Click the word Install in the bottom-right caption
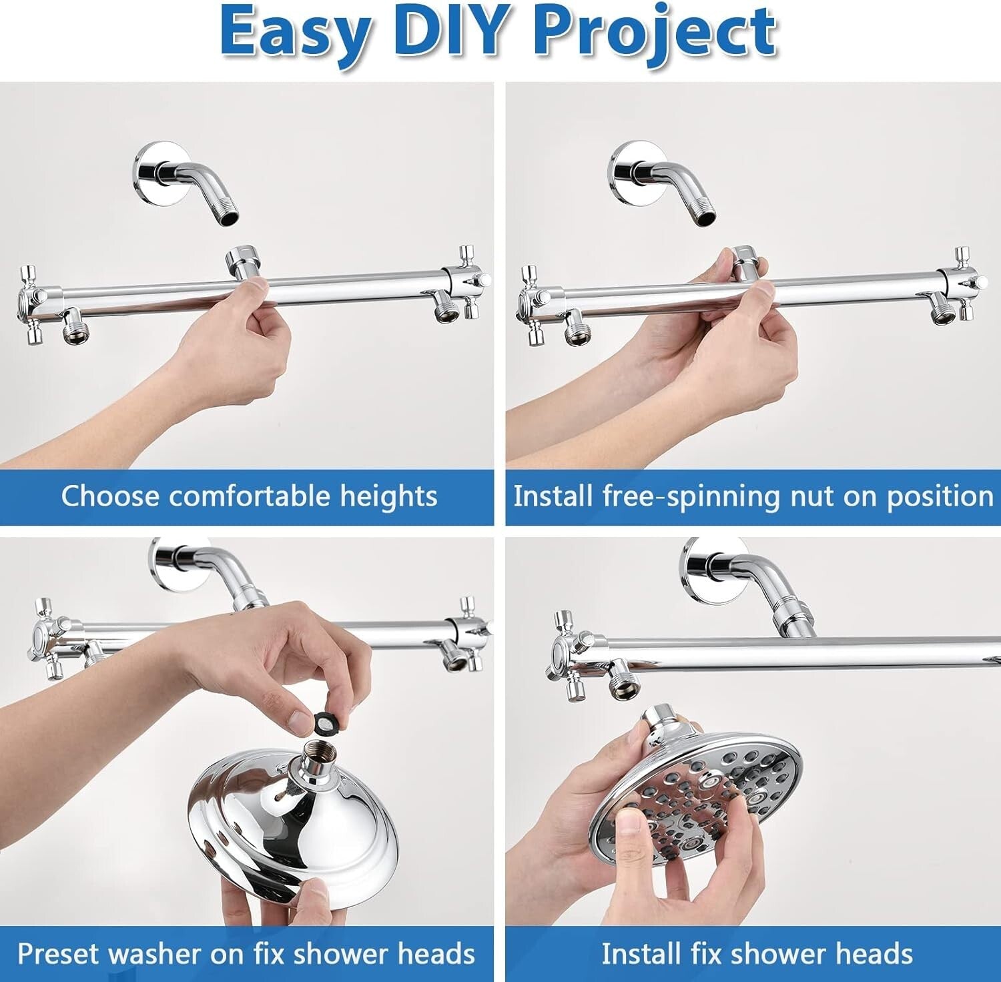click(639, 953)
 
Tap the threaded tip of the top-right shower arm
click(706, 213)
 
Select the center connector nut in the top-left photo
click(244, 261)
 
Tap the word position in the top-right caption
click(940, 497)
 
